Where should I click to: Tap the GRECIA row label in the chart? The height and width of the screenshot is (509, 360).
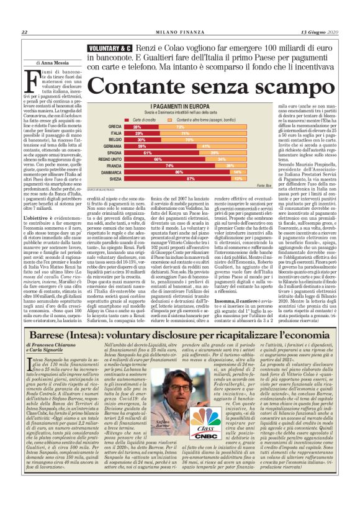coord(114,126)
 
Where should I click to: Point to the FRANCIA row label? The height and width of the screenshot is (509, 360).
coord(113,165)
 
